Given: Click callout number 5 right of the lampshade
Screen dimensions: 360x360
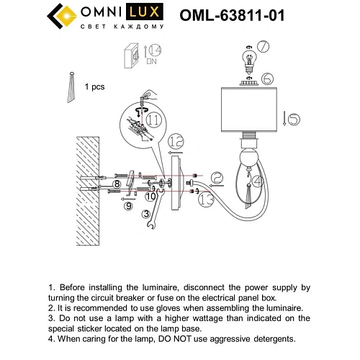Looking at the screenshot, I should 286,117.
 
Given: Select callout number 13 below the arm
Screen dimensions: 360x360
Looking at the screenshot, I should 207,199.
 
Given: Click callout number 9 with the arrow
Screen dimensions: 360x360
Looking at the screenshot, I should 129,206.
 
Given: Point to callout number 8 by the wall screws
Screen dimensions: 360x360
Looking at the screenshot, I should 117,184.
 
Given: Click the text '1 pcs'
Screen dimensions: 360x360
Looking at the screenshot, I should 95,86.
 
